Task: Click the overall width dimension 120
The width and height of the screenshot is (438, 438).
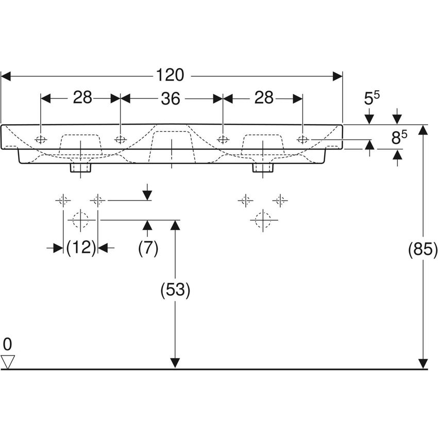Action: click(x=171, y=76)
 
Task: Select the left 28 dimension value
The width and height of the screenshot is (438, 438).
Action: click(x=82, y=97)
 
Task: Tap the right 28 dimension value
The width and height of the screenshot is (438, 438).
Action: click(x=263, y=97)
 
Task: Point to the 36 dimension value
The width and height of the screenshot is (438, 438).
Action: click(x=171, y=98)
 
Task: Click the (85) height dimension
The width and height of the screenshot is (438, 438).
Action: click(x=423, y=250)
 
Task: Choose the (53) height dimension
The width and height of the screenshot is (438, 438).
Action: click(x=176, y=291)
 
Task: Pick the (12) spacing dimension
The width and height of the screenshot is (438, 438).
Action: click(x=81, y=248)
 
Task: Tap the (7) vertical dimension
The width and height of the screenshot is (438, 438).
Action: click(x=148, y=248)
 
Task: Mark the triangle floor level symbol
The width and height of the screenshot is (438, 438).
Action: click(x=8, y=361)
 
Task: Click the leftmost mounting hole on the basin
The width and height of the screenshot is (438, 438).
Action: click(x=41, y=139)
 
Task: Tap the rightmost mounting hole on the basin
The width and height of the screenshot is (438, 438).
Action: click(x=302, y=139)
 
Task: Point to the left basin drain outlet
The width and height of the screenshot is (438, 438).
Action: click(x=81, y=167)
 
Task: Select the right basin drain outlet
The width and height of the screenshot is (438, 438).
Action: click(x=263, y=167)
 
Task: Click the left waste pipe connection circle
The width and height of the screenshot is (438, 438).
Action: click(x=81, y=220)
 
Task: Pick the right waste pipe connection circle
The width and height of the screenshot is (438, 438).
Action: click(x=263, y=220)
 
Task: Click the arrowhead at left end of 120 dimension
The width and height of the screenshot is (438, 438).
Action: click(x=6, y=76)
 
